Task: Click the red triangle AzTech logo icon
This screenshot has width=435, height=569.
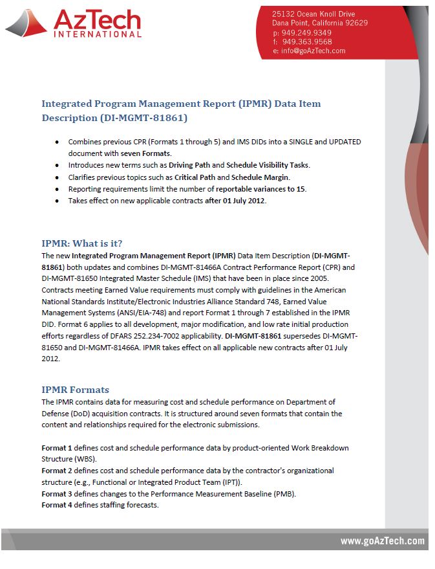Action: pyautogui.click(x=27, y=23)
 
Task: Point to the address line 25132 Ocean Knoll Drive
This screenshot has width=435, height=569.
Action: pyautogui.click(x=313, y=14)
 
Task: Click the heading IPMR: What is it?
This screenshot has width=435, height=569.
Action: pyautogui.click(x=82, y=243)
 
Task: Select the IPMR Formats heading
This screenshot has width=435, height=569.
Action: pyautogui.click(x=76, y=390)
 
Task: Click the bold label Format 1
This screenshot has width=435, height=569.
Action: pyautogui.click(x=58, y=448)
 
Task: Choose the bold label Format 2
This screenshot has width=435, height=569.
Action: pyautogui.click(x=58, y=471)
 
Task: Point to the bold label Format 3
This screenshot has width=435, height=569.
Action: pyautogui.click(x=58, y=494)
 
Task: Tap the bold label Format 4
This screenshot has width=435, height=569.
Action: pyautogui.click(x=58, y=505)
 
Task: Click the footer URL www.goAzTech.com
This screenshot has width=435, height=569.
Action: pyautogui.click(x=383, y=541)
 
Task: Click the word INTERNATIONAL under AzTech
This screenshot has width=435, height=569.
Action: pyautogui.click(x=97, y=34)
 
